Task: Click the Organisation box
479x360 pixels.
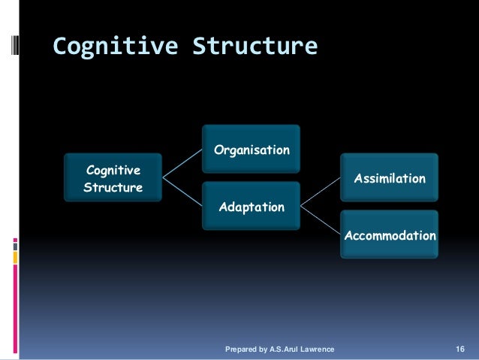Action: pos(252,150)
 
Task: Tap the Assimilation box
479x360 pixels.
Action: pos(390,179)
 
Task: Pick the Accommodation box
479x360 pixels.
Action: pos(390,236)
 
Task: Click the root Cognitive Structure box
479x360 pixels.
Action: pos(113,179)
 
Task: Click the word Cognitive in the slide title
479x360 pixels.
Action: pos(115,47)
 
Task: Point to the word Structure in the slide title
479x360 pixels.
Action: pos(256,47)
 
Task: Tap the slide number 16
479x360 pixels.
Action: pos(460,349)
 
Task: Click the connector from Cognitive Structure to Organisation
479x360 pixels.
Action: pos(183,164)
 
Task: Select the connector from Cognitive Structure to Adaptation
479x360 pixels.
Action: pos(183,192)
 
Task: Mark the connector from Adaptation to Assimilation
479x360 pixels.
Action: pos(321,192)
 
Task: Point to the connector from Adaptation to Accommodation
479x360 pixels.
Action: pos(321,220)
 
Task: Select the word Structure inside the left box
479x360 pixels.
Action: pos(113,187)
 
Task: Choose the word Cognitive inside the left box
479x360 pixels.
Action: pos(113,171)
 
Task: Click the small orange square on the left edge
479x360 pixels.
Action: pos(15,257)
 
